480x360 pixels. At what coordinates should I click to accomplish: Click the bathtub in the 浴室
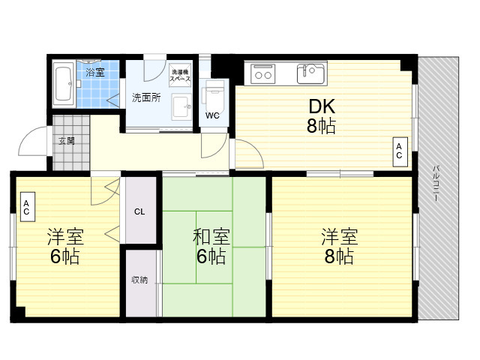(x=64, y=85)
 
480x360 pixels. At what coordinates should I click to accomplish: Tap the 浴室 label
(x=95, y=73)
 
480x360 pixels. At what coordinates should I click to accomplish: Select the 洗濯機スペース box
(x=180, y=75)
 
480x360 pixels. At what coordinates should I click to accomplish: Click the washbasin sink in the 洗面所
(x=181, y=107)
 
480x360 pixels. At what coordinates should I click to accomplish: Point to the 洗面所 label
(x=146, y=97)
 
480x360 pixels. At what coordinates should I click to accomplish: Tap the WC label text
(x=212, y=115)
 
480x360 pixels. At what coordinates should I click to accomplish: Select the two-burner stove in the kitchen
(x=263, y=74)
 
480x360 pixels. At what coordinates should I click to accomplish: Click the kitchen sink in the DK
(x=310, y=73)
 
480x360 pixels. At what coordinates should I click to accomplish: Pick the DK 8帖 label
(x=322, y=116)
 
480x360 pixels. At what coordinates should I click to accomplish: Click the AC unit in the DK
(x=400, y=151)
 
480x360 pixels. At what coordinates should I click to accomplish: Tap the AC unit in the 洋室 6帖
(x=28, y=207)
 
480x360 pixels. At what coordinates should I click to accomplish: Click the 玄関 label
(x=67, y=141)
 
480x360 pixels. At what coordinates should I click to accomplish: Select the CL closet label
(x=139, y=211)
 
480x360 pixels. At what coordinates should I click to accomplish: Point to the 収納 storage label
(x=139, y=280)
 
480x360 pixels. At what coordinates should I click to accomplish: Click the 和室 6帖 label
(x=211, y=247)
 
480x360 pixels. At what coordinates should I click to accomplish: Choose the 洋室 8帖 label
(x=340, y=247)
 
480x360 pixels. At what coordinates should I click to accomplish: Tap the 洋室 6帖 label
(x=65, y=247)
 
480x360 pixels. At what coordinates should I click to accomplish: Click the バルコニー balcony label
(x=436, y=183)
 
